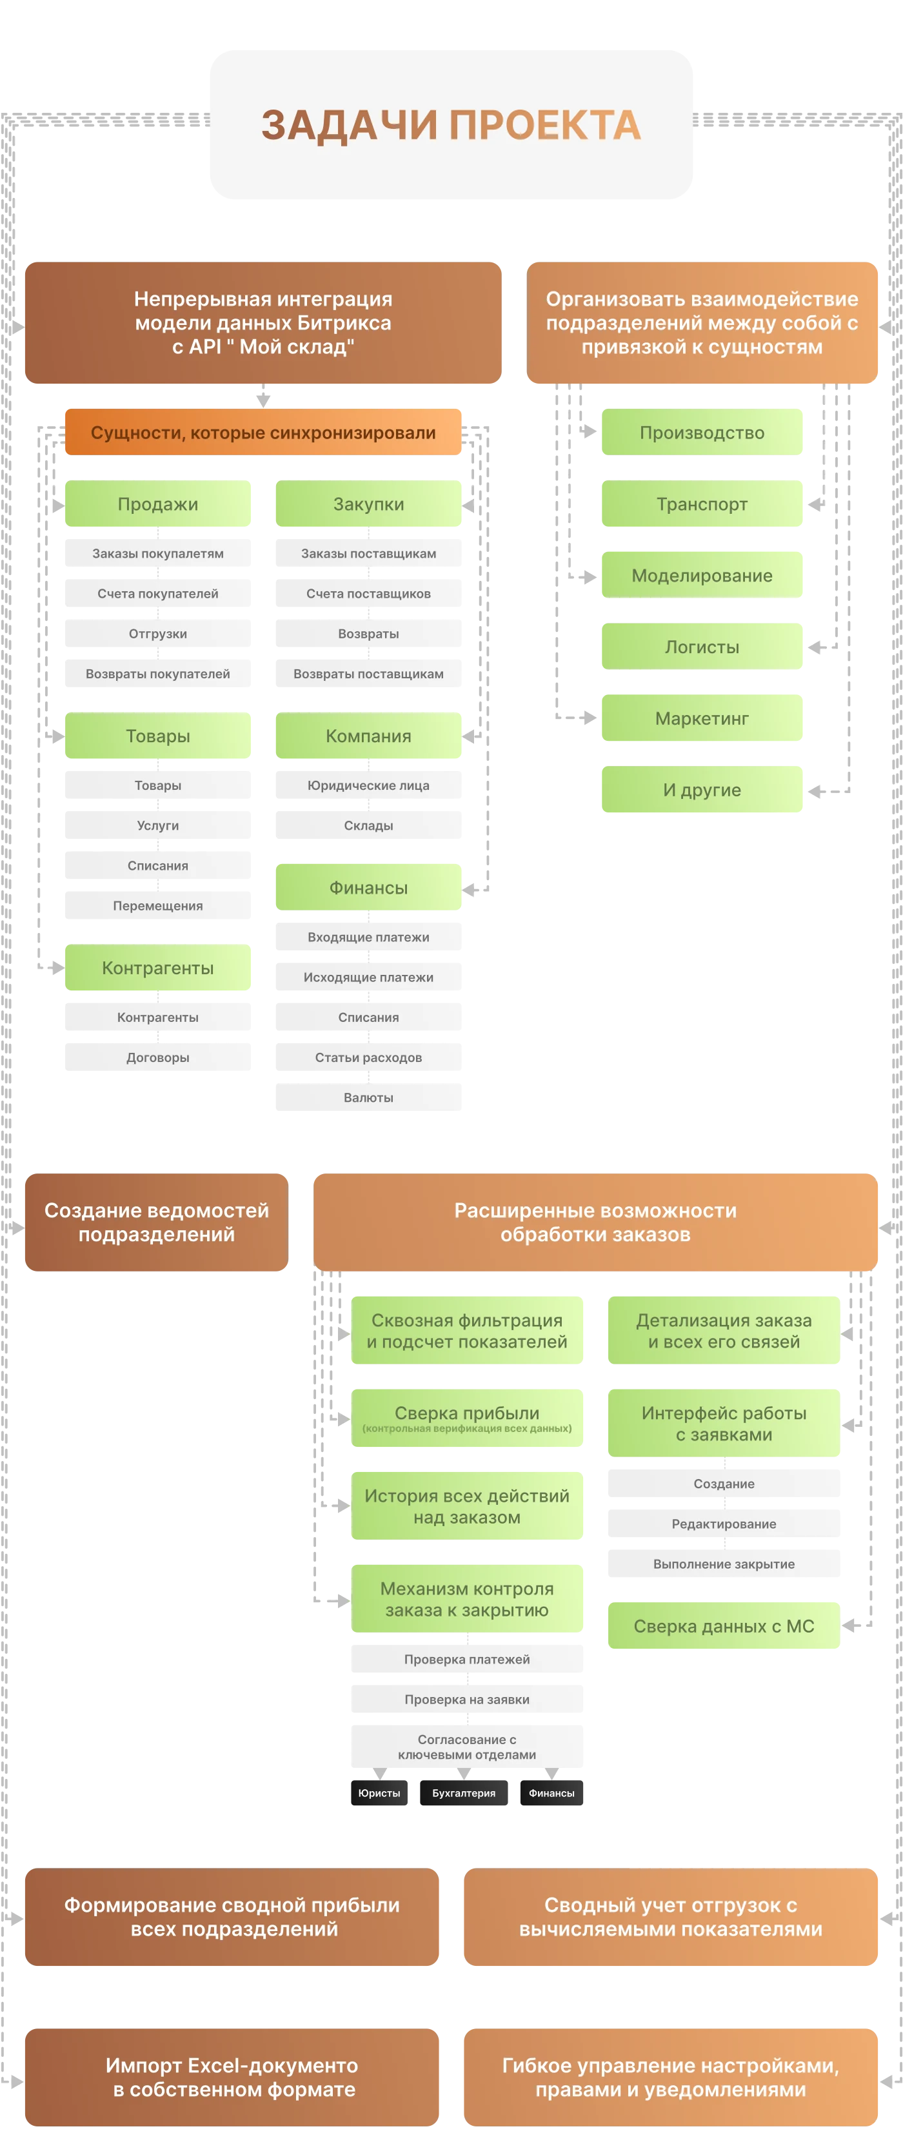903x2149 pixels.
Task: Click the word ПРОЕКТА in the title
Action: coord(545,125)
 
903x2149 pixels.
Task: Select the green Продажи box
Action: coord(158,503)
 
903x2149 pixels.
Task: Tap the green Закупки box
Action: coord(368,503)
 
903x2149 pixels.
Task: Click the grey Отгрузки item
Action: coord(158,633)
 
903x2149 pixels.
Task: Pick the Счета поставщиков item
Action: coord(368,593)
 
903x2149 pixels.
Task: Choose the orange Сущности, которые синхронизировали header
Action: coord(263,432)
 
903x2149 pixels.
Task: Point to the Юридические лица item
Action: coord(368,785)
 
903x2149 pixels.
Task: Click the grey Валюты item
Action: coord(368,1097)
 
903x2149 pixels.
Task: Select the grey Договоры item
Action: coord(158,1057)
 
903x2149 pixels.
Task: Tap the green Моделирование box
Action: coord(702,574)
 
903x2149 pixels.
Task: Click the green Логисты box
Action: coord(702,647)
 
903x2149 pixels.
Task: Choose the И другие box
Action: coord(702,789)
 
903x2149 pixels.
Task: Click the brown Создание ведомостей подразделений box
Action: coord(157,1222)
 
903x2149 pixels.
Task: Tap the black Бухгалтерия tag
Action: coord(463,1793)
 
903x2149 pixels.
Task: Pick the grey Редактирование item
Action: coord(724,1524)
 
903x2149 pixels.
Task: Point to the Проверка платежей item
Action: coord(466,1658)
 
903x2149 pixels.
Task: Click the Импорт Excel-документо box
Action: coord(232,2077)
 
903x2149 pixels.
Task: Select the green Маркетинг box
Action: coord(702,718)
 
